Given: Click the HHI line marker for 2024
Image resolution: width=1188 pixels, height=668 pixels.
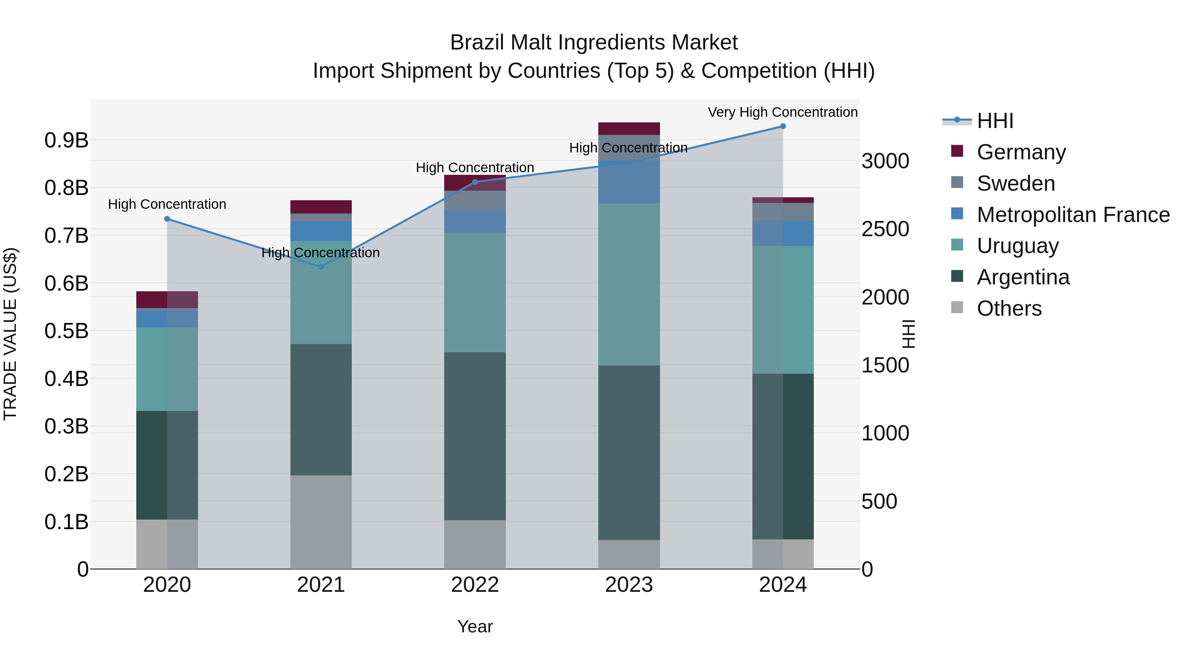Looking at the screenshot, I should click(x=783, y=126).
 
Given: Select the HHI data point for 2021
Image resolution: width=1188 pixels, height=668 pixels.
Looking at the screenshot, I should click(x=321, y=267).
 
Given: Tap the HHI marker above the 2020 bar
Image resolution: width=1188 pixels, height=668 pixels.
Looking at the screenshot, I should click(x=167, y=219).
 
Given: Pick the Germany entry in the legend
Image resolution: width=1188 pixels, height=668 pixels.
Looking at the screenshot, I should click(x=1021, y=152).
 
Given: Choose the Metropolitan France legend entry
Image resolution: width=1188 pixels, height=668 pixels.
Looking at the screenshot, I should click(x=1073, y=215).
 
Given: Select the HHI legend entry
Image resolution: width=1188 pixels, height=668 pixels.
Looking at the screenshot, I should click(x=995, y=121).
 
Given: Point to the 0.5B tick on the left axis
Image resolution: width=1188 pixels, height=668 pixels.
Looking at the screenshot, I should click(x=66, y=331).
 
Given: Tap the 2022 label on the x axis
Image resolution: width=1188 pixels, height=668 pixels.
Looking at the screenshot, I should click(x=475, y=585).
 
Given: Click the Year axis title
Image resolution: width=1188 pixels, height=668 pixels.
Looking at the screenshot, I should click(x=475, y=626).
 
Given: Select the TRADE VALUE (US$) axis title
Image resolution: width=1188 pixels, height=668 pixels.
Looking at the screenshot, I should click(x=10, y=334).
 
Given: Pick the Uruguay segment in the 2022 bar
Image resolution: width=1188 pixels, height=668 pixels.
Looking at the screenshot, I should click(x=475, y=293).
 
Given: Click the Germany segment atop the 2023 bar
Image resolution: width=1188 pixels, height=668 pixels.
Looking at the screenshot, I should click(x=629, y=129).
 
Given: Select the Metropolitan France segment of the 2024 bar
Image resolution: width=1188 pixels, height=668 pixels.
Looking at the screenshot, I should click(x=783, y=233).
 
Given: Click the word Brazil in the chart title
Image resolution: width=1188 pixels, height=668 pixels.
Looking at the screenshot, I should click(x=477, y=43).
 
